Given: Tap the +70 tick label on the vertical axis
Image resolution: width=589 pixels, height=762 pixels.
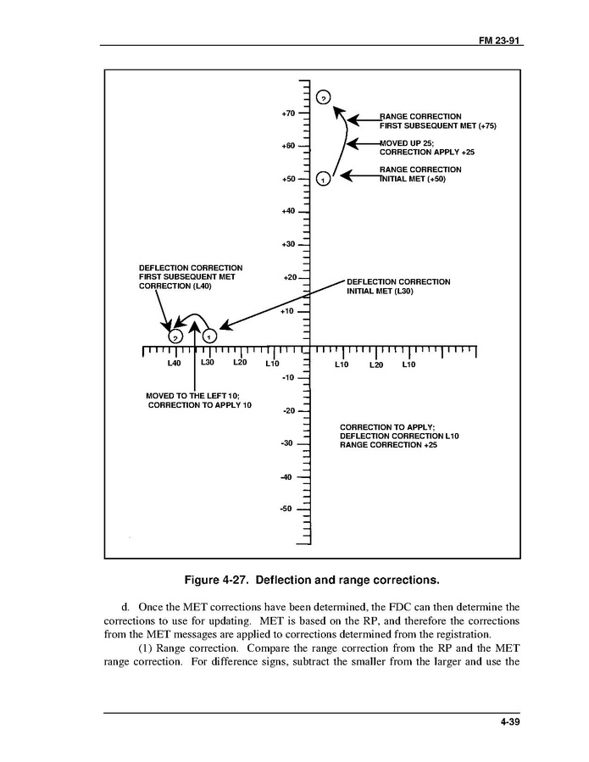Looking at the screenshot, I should (x=287, y=113).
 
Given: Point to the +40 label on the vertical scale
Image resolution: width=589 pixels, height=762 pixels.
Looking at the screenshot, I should (x=287, y=211).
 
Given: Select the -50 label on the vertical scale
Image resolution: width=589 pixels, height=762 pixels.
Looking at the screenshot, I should (x=287, y=509).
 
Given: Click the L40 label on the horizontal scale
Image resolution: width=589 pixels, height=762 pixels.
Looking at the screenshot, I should (x=174, y=363).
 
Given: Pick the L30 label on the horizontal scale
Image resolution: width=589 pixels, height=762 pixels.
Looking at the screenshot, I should (x=208, y=363).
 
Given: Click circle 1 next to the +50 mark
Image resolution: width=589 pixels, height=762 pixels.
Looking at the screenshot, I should (x=322, y=179).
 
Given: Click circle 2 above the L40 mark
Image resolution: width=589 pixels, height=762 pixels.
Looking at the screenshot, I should (x=175, y=337).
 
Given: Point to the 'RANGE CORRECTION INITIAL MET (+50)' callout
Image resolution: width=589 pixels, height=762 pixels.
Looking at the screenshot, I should (x=420, y=175).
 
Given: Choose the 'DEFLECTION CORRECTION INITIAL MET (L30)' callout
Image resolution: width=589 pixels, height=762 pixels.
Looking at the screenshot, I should (x=398, y=286).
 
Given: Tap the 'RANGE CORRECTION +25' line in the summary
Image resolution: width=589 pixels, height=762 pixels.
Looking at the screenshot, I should (x=388, y=445).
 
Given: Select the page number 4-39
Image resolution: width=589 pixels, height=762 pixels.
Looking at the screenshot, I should (x=509, y=722).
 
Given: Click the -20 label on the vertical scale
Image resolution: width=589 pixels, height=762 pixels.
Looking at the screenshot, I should (x=287, y=410).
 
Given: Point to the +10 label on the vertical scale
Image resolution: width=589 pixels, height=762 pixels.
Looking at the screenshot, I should (x=287, y=311).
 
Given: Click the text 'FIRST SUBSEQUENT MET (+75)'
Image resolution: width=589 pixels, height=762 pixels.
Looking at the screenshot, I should (x=437, y=125).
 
